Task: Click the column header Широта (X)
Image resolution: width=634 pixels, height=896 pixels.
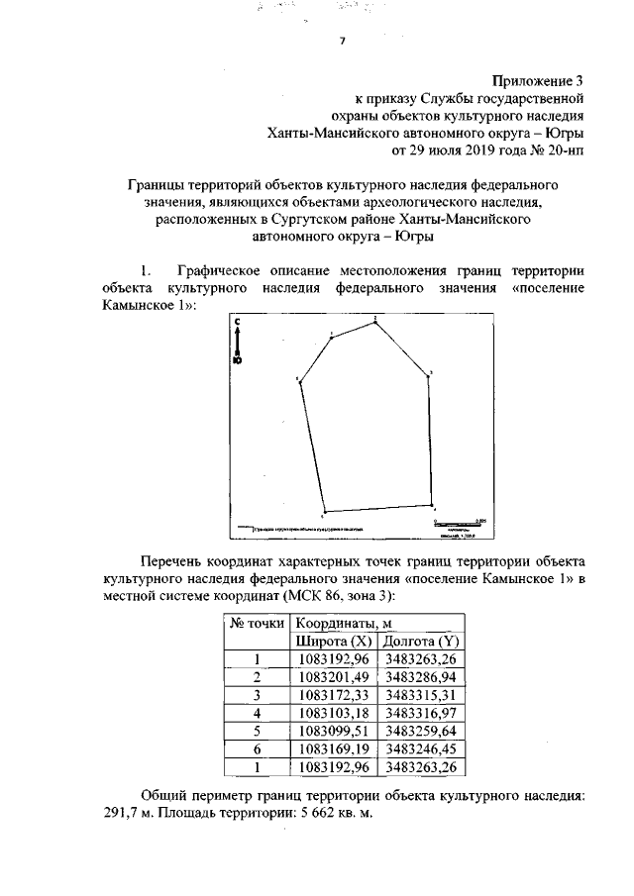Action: [334, 642]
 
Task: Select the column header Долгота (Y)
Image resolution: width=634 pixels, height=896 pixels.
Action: [421, 642]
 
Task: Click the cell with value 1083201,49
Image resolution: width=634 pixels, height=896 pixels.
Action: [334, 677]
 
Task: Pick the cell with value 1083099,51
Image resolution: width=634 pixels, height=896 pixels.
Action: [334, 731]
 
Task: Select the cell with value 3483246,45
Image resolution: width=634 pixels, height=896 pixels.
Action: [421, 748]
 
